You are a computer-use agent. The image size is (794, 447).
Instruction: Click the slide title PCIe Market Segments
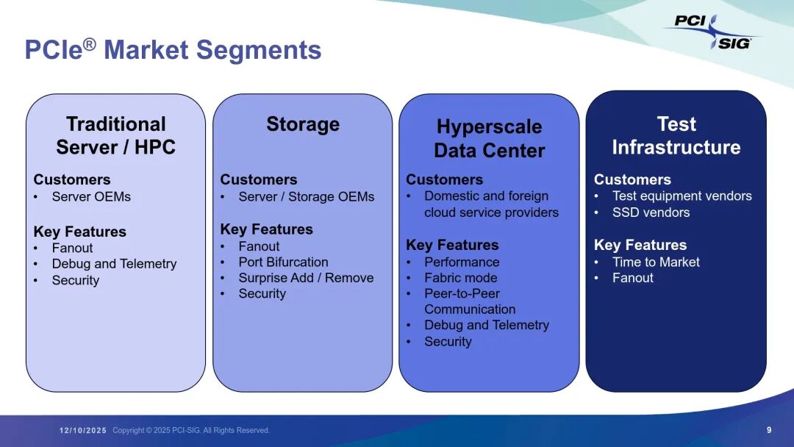click(173, 50)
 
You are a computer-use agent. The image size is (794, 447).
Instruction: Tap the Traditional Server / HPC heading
click(115, 135)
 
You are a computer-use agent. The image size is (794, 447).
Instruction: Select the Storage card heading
click(303, 124)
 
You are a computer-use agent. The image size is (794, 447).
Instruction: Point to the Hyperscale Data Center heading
click(489, 138)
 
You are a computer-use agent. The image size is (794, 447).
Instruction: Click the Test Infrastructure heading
click(676, 135)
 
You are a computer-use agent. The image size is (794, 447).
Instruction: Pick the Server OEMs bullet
click(90, 196)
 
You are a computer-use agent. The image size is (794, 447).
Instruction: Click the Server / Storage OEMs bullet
click(306, 196)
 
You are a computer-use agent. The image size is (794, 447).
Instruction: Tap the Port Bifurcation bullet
click(283, 262)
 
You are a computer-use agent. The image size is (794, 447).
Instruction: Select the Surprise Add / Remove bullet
click(306, 278)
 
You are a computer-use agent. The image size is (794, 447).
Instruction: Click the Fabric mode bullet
click(460, 278)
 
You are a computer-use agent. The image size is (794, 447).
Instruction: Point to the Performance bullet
click(461, 262)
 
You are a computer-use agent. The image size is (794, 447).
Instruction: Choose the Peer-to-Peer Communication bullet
click(470, 301)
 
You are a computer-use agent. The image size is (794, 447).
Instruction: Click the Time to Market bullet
click(656, 262)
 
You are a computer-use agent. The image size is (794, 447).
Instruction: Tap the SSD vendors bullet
click(651, 212)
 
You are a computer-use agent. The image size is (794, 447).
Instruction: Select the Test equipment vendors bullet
click(682, 196)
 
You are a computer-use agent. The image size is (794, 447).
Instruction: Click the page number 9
click(769, 430)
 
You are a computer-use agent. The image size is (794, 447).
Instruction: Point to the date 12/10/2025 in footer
click(83, 430)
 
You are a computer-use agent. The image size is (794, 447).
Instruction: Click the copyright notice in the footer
click(191, 430)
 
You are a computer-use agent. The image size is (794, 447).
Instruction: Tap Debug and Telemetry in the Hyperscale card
click(486, 325)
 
